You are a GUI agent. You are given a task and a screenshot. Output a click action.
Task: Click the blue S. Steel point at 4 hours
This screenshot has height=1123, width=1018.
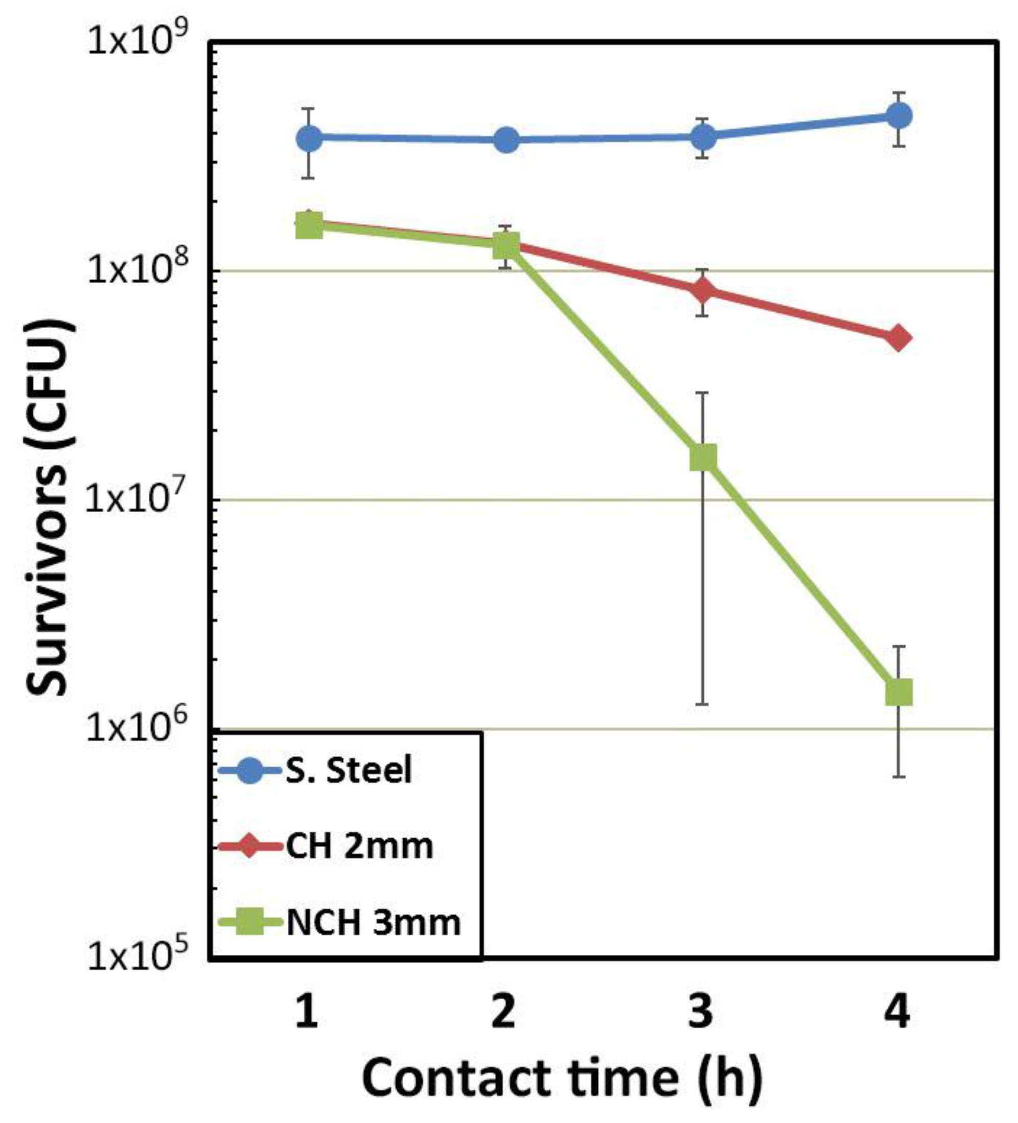pyautogui.click(x=899, y=116)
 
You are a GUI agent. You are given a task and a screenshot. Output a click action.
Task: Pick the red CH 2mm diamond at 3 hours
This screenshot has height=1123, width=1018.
pyautogui.click(x=703, y=290)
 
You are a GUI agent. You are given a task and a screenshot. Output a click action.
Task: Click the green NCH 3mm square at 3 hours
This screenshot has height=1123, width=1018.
pyautogui.click(x=703, y=458)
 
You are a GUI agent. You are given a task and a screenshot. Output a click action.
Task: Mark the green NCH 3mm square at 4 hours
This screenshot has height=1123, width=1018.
pyautogui.click(x=899, y=693)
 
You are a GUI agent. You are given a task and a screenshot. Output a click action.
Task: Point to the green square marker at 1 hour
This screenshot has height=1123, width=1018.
pyautogui.click(x=310, y=225)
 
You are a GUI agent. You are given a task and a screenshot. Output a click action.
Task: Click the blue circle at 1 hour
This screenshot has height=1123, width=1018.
pyautogui.click(x=310, y=137)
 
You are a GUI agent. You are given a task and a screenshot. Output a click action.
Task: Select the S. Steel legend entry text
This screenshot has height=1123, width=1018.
pyautogui.click(x=349, y=770)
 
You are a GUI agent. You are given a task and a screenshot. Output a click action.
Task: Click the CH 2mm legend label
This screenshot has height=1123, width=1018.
pyautogui.click(x=359, y=846)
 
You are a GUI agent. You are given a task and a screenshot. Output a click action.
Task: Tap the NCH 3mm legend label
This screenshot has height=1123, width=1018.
pyautogui.click(x=373, y=923)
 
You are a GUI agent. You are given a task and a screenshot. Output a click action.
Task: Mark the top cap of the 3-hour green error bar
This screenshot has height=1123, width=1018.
pyautogui.click(x=703, y=393)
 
